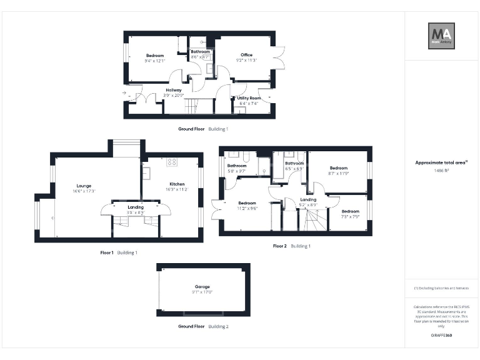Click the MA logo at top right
tap(441, 36)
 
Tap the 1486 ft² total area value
tap(441, 170)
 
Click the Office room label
tap(246, 55)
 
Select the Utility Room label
tap(249, 98)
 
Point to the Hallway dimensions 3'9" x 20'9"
tap(174, 96)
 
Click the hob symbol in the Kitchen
tap(171, 161)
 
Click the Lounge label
tap(84, 185)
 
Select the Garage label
tap(202, 286)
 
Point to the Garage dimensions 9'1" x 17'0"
tap(202, 292)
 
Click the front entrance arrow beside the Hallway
tap(124, 94)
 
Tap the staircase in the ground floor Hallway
tap(194, 107)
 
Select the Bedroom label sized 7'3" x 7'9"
tap(350, 211)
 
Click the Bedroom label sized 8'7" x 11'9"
tap(338, 167)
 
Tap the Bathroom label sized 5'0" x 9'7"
tap(237, 166)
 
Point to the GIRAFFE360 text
tap(441, 336)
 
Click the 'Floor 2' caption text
tap(279, 246)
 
